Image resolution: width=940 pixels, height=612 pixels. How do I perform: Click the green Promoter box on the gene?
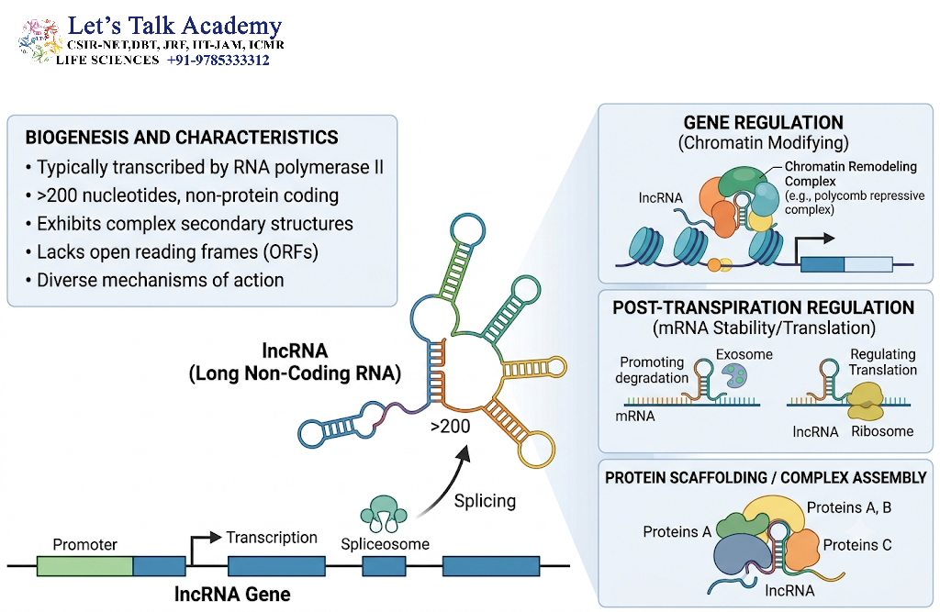pyautogui.click(x=84, y=566)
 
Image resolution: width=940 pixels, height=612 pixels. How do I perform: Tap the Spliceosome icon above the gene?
pyautogui.click(x=384, y=514)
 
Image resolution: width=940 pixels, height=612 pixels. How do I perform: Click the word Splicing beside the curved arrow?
pyautogui.click(x=485, y=500)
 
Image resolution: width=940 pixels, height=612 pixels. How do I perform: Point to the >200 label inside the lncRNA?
pyautogui.click(x=450, y=426)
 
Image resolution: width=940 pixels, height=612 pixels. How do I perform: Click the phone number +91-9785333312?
pyautogui.click(x=218, y=60)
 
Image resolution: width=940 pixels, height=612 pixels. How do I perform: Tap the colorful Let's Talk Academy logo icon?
pyautogui.click(x=39, y=40)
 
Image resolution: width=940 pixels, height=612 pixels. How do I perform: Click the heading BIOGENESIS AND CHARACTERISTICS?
pyautogui.click(x=181, y=138)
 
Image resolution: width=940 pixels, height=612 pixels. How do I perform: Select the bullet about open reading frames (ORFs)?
pyautogui.click(x=172, y=251)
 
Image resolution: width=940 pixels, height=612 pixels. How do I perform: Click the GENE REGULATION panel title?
pyautogui.click(x=763, y=122)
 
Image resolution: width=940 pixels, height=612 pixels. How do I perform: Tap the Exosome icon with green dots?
pyautogui.click(x=735, y=375)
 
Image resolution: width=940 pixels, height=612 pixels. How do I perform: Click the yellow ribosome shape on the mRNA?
pyautogui.click(x=865, y=400)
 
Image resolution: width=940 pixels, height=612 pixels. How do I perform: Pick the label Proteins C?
pyautogui.click(x=857, y=545)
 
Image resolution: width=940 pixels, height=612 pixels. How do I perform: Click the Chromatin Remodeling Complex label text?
pyautogui.click(x=851, y=173)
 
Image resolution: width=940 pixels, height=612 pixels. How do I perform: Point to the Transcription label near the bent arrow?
pyautogui.click(x=272, y=537)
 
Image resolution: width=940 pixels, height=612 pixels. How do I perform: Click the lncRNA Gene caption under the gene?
pyautogui.click(x=232, y=594)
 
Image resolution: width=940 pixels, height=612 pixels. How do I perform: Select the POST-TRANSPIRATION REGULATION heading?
pyautogui.click(x=763, y=307)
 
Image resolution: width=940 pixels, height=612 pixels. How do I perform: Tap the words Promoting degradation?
pyautogui.click(x=652, y=370)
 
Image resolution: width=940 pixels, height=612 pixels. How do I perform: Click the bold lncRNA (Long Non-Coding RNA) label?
pyautogui.click(x=295, y=362)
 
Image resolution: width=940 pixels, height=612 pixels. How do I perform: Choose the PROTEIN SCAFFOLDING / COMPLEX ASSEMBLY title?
pyautogui.click(x=766, y=477)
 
